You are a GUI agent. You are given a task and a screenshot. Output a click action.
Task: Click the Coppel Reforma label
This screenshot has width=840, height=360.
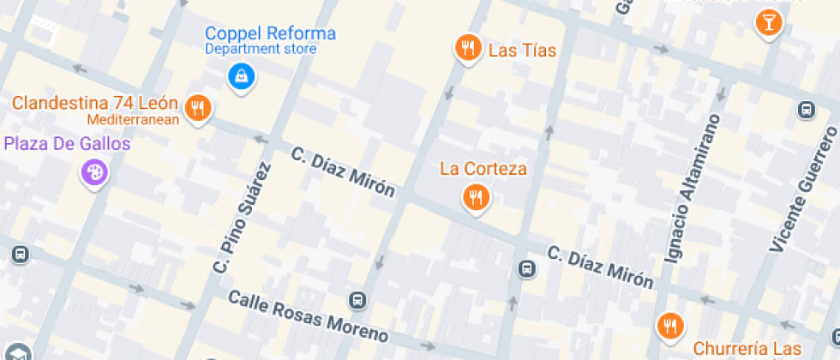click(270, 34)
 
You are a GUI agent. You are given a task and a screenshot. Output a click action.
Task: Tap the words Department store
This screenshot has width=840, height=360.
click(261, 50)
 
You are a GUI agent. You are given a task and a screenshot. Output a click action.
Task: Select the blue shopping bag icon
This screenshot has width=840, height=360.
click(241, 76)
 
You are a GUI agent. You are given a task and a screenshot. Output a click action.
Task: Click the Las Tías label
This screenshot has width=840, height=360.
click(522, 51)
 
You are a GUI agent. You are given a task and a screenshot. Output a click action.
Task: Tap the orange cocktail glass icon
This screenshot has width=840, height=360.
click(768, 22)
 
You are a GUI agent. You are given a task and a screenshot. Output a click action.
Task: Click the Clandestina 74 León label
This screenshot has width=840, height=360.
click(94, 104)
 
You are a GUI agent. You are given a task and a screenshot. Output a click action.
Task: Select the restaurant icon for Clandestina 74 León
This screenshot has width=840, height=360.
click(199, 107)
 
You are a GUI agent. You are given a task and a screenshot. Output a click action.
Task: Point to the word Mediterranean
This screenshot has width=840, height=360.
click(133, 119)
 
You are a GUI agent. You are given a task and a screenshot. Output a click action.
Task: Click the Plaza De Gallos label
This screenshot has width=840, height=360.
click(68, 143)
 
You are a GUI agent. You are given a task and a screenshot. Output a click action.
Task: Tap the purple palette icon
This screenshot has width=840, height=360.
click(94, 173)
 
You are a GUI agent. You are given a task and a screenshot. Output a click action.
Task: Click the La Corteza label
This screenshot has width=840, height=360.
click(483, 168)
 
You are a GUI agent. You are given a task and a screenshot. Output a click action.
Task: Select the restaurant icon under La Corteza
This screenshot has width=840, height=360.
click(476, 198)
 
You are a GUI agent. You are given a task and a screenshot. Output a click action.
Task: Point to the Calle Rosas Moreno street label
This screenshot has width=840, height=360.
click(308, 315)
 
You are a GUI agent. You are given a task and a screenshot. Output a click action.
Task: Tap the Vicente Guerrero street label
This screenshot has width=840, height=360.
click(804, 190)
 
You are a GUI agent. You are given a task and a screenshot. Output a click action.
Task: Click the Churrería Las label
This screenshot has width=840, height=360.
click(747, 349)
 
